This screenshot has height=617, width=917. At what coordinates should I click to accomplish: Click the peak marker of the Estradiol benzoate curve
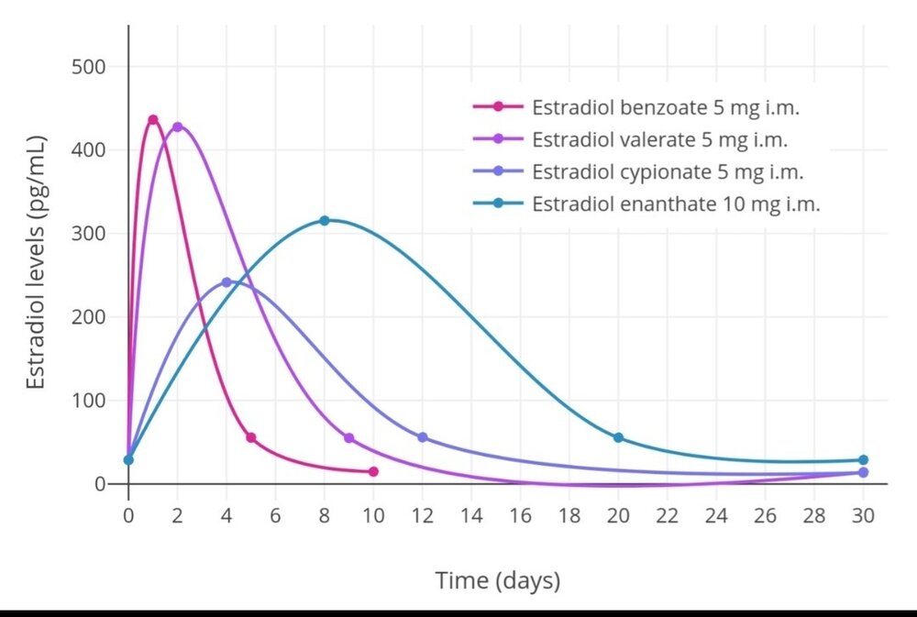(x=153, y=120)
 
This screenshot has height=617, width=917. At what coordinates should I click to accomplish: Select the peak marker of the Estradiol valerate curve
(x=178, y=127)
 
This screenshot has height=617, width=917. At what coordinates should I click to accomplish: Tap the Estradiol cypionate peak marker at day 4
(x=226, y=282)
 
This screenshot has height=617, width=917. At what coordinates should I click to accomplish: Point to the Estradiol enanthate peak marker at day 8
(x=325, y=221)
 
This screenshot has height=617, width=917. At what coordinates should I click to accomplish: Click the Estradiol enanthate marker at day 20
(x=618, y=438)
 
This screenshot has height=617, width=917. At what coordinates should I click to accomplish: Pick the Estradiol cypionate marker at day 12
(x=422, y=437)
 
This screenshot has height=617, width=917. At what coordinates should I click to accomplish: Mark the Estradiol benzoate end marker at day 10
(x=373, y=471)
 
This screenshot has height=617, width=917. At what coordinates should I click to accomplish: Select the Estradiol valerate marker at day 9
(x=348, y=438)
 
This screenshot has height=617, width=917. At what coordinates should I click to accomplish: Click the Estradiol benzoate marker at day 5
(x=251, y=438)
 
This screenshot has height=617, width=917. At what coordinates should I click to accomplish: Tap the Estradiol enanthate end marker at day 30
(x=863, y=460)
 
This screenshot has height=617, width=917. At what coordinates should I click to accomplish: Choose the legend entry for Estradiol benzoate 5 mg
(x=666, y=107)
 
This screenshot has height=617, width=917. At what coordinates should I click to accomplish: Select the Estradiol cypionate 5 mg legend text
(x=668, y=172)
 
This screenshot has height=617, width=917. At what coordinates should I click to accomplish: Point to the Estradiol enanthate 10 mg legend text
(x=676, y=204)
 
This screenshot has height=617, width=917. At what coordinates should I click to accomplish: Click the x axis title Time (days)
(x=497, y=580)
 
